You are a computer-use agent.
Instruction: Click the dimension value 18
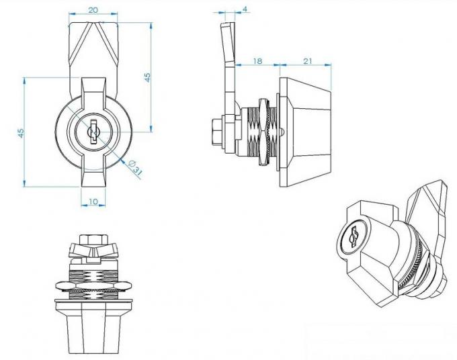(x=257, y=60)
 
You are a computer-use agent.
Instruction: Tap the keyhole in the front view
(x=93, y=132)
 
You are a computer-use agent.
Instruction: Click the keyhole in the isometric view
(x=353, y=236)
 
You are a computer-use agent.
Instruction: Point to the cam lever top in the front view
(x=93, y=40)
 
